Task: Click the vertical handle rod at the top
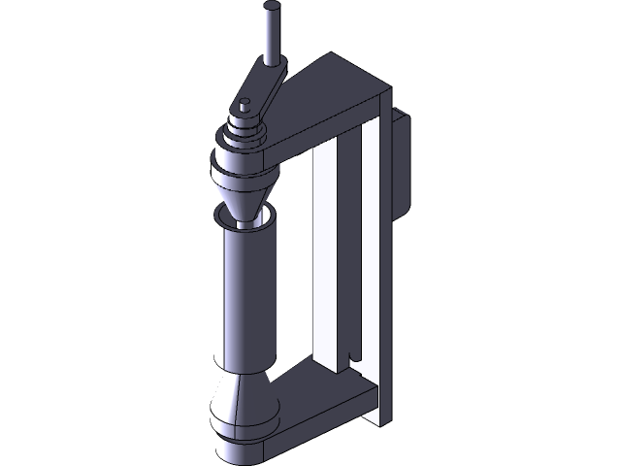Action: tap(272, 34)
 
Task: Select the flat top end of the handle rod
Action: tap(272, 8)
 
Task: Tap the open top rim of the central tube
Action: tap(246, 223)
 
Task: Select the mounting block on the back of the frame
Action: tap(402, 160)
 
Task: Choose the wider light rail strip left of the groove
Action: tap(329, 252)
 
